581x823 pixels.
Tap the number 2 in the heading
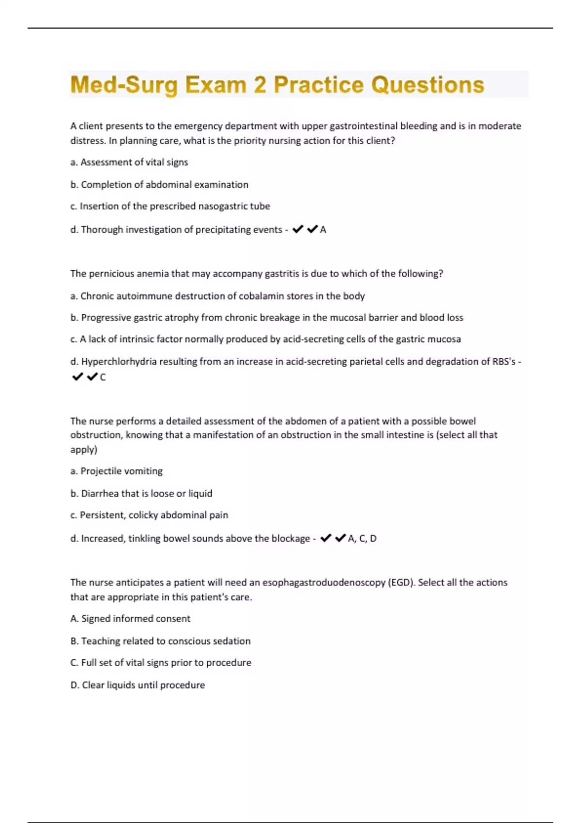click(x=260, y=85)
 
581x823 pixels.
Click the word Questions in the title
click(x=428, y=85)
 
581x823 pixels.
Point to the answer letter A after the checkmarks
click(x=323, y=230)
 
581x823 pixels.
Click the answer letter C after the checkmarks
click(x=103, y=377)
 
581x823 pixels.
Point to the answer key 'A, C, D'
click(x=362, y=538)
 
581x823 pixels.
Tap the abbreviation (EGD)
click(x=401, y=582)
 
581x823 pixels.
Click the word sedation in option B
click(x=232, y=641)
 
